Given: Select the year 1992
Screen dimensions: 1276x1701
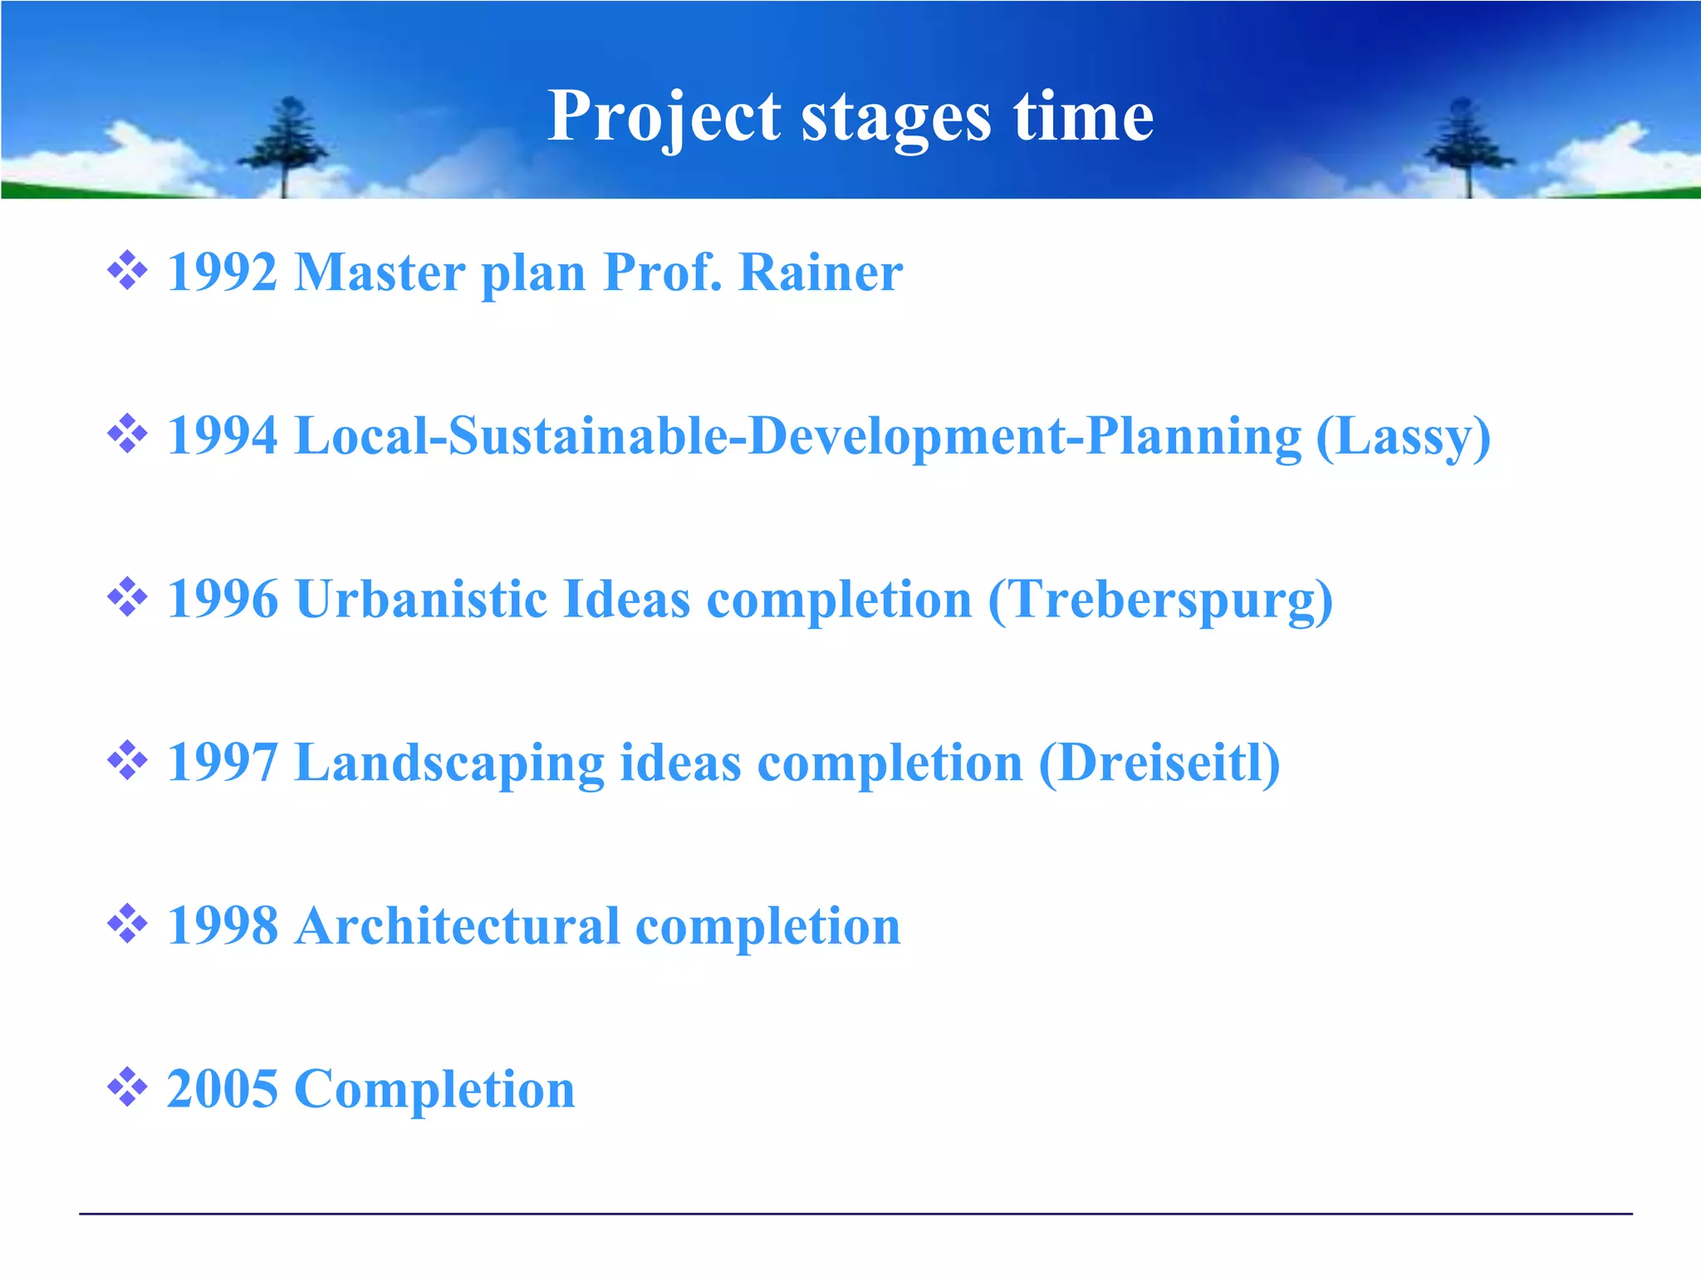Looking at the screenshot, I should [222, 272].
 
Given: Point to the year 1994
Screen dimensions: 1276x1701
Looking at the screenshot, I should [222, 435].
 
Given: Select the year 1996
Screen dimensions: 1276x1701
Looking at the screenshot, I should [222, 599].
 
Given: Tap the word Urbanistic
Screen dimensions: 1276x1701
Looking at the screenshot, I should [420, 599].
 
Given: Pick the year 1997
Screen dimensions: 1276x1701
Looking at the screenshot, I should [222, 763].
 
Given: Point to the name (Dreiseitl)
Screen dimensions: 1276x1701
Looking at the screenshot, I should [1159, 763].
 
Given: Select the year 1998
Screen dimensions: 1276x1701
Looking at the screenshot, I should [222, 925].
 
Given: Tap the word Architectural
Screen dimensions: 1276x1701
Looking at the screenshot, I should [457, 925].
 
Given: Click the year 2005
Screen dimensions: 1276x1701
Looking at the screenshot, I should [222, 1089].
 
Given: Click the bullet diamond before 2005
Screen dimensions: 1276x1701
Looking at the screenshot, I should [127, 1087].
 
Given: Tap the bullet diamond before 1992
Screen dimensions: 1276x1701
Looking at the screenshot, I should [127, 270].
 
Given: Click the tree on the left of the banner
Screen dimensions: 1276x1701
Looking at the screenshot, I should [285, 145].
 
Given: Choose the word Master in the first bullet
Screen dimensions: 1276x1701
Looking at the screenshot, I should [380, 272].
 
